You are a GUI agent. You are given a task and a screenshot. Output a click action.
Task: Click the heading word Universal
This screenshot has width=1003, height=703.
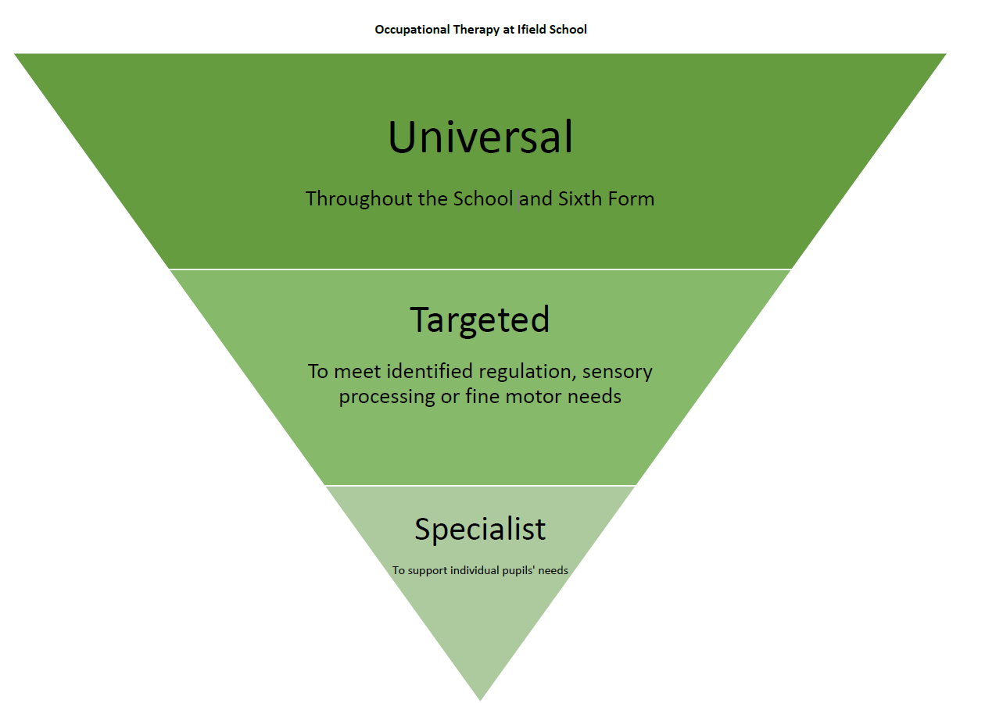click(480, 137)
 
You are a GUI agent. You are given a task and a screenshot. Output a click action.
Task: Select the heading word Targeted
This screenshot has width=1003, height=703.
click(480, 319)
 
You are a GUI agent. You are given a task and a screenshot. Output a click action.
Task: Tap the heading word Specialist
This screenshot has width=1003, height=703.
click(480, 530)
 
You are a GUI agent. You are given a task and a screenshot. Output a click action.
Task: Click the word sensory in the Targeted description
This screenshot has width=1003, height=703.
click(617, 372)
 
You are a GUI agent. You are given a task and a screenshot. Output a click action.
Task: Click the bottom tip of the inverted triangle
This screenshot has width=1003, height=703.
click(480, 698)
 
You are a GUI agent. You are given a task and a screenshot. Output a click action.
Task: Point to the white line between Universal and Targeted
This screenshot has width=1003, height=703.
click(480, 269)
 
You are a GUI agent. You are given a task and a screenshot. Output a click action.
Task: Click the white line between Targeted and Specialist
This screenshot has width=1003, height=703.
click(480, 485)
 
